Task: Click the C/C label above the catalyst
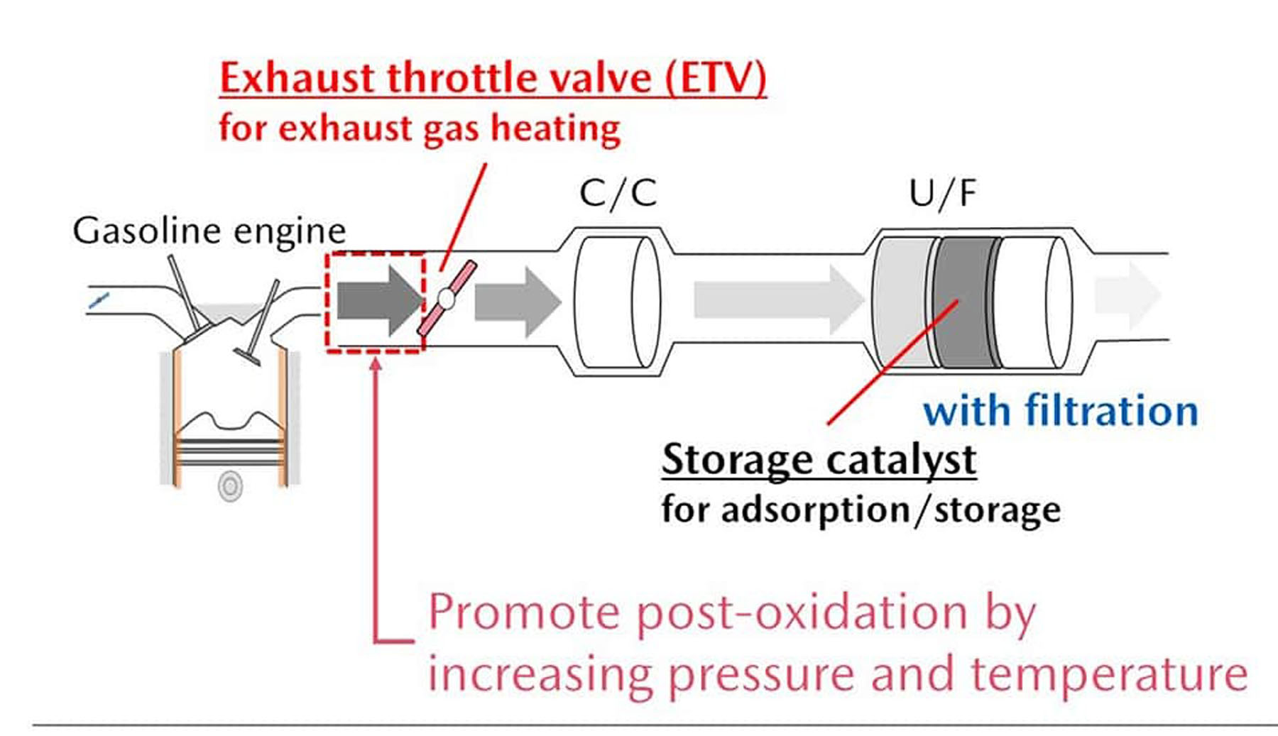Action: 618,193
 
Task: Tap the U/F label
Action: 943,193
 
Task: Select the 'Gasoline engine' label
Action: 209,231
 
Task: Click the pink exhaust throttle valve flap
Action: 447,298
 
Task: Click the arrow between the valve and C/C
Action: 518,301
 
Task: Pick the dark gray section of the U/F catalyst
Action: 966,302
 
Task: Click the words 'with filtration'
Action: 1061,412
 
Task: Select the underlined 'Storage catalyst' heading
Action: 819,460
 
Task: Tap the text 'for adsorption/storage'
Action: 861,510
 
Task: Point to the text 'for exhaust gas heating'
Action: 420,129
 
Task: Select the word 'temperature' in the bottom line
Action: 1109,674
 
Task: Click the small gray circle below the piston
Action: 230,486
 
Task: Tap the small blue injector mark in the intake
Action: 99,301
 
